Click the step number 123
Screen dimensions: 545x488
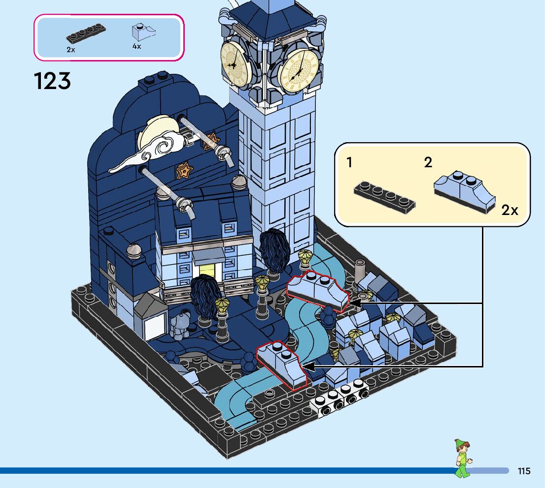[52, 81]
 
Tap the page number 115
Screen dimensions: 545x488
[524, 471]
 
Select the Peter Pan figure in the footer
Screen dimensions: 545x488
[462, 458]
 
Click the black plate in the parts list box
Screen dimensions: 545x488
[86, 33]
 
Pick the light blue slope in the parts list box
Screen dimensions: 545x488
[143, 33]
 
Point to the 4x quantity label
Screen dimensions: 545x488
[136, 46]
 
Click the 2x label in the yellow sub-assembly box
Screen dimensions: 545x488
[510, 211]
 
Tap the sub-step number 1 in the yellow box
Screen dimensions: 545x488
[349, 162]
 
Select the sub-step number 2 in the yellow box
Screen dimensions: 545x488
[428, 162]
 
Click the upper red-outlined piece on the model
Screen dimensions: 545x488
[317, 290]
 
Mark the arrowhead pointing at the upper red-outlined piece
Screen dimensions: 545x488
[355, 305]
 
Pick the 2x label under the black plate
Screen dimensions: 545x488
[71, 49]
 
